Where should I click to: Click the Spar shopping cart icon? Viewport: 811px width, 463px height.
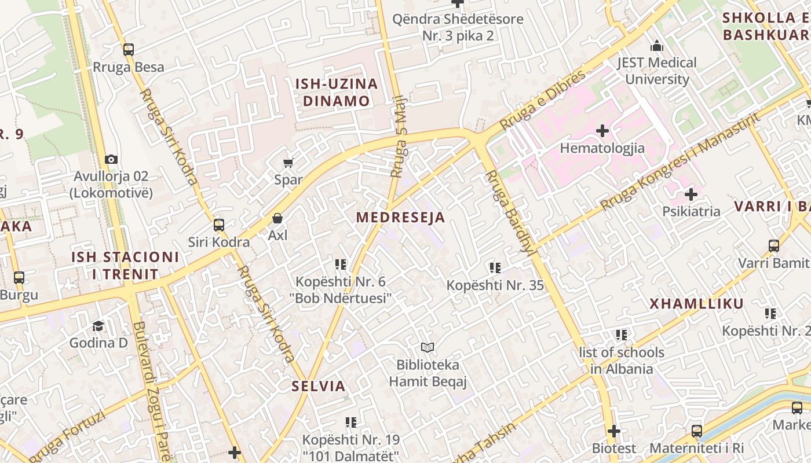(x=288, y=163)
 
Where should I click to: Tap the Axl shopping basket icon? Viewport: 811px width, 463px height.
(x=277, y=218)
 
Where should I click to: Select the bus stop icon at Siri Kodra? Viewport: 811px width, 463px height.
(x=219, y=225)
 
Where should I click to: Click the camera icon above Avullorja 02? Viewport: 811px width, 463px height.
(x=111, y=159)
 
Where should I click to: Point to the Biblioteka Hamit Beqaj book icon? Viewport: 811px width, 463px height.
(x=428, y=348)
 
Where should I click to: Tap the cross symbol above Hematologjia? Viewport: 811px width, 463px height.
(x=602, y=131)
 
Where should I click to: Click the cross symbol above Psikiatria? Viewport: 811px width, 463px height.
(x=691, y=194)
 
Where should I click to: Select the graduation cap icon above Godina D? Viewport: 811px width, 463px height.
(x=98, y=326)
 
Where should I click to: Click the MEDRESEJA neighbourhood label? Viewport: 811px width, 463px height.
(x=400, y=218)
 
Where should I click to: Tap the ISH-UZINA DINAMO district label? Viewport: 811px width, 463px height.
(x=337, y=92)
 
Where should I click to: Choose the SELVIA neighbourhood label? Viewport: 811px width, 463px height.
(x=318, y=386)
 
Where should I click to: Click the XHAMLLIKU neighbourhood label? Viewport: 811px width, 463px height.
(x=696, y=304)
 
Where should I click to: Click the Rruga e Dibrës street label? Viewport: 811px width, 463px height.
(x=543, y=100)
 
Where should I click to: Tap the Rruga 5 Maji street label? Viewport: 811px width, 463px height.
(x=399, y=137)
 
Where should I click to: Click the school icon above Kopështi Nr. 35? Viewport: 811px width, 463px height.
(x=495, y=267)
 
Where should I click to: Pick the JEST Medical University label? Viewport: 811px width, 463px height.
(x=656, y=71)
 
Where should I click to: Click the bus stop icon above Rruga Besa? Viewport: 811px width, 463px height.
(x=129, y=50)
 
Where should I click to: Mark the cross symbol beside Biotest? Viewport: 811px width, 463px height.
(x=614, y=431)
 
